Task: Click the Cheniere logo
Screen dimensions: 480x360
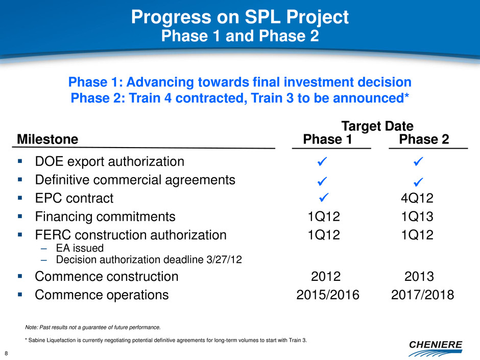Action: [435, 348]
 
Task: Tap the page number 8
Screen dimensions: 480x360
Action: [6, 353]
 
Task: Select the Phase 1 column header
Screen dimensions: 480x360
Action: [327, 139]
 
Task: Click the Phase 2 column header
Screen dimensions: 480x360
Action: [424, 139]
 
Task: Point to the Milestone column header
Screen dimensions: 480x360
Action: [47, 139]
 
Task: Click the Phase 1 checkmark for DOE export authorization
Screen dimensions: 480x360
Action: [322, 161]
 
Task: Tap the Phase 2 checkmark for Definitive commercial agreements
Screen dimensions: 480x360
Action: [418, 182]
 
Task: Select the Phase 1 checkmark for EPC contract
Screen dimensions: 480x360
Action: [324, 198]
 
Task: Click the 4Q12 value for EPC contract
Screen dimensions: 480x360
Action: [417, 198]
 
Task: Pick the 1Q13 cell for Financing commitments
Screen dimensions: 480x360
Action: [417, 217]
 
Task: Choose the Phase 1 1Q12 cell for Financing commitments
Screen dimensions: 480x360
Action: [324, 217]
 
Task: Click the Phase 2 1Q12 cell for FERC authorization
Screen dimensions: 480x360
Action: [417, 235]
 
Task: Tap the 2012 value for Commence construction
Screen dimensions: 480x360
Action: [326, 276]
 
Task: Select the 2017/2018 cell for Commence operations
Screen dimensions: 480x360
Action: [422, 295]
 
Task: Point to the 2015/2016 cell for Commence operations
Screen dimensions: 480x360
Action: [328, 295]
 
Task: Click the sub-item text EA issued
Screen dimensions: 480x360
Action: [80, 248]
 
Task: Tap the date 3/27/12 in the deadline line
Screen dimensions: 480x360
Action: [224, 259]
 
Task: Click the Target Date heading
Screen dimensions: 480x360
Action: [377, 126]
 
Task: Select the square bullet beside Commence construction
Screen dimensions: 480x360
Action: [20, 276]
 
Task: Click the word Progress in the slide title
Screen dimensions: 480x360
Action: [171, 17]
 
